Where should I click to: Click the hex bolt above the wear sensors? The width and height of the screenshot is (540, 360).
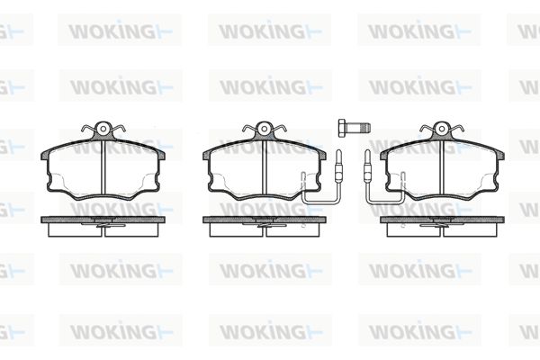point(354,128)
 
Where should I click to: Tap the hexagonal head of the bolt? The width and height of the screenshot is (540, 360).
point(342,128)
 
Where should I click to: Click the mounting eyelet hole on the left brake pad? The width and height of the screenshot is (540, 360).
point(103,129)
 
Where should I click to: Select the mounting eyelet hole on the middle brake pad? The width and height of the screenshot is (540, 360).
point(264,129)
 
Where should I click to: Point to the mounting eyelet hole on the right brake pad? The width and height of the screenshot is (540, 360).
point(442,129)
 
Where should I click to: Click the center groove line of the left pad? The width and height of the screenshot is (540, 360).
point(103,167)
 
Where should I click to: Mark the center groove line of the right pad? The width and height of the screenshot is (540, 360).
point(442,167)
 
